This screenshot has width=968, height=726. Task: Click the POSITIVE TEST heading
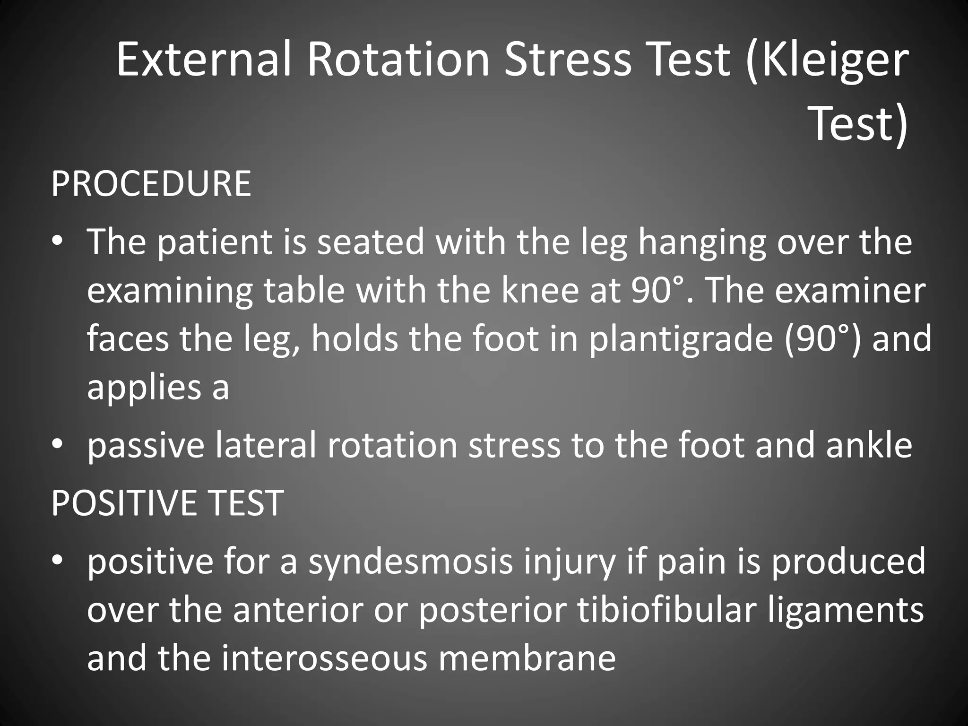167,502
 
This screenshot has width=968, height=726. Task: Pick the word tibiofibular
661,610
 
